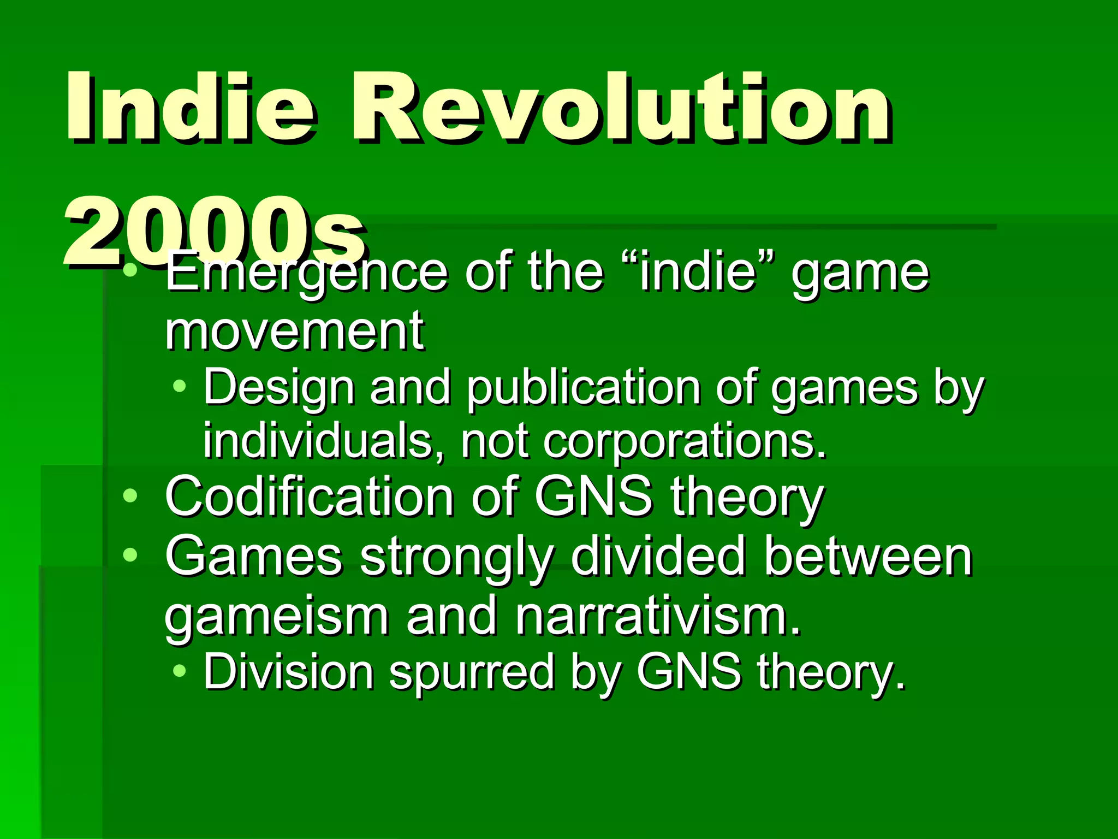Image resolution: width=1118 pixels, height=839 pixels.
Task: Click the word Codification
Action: coord(309,497)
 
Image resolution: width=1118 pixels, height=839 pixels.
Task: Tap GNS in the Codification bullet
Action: coord(593,497)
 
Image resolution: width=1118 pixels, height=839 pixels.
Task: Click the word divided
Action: coord(658,557)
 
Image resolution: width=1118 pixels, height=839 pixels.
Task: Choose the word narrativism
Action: coord(658,616)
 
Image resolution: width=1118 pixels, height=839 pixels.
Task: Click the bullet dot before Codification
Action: coord(130,495)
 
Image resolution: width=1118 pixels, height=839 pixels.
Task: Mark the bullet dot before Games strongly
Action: coord(130,556)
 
